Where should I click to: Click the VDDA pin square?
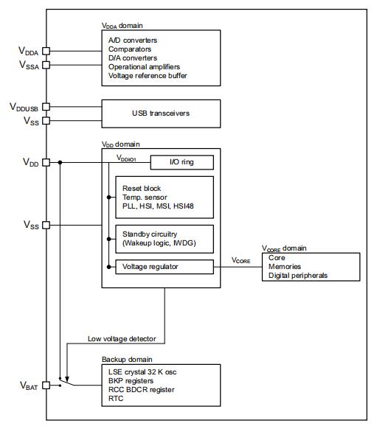point(46,51)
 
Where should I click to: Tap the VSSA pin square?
point(46,65)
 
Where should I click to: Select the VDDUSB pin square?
point(46,106)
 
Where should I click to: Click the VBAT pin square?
point(46,386)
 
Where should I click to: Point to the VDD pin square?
point(46,162)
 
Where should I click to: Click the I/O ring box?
point(182,162)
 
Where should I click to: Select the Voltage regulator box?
point(165,267)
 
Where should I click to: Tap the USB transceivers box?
point(161,114)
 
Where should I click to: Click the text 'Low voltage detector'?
point(122,339)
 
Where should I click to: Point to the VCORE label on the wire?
point(241,260)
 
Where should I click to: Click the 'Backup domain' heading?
point(127,359)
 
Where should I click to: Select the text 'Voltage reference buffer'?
point(148,75)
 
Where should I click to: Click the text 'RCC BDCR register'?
point(141,390)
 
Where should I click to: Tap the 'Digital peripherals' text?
point(298,276)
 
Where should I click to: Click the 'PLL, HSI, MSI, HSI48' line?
point(158,206)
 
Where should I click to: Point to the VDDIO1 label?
point(126,158)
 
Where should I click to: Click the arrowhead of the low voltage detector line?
point(67,379)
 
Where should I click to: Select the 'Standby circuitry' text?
point(150,234)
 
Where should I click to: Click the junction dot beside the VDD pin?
point(60,162)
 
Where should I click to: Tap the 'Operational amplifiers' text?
point(144,67)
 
